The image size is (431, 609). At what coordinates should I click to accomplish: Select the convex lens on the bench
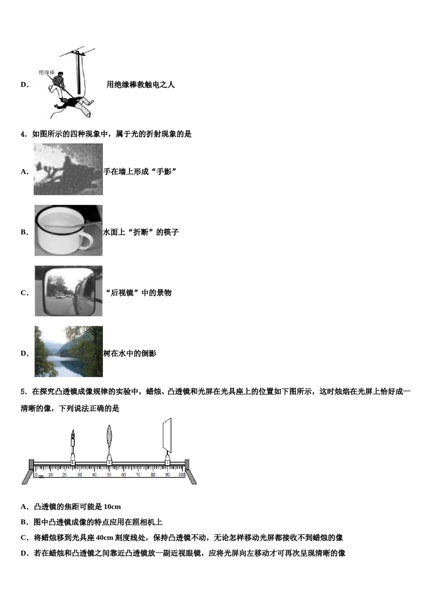(109, 438)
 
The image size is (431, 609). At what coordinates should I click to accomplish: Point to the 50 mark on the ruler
(109, 475)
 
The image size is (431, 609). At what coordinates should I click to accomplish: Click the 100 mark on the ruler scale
(181, 475)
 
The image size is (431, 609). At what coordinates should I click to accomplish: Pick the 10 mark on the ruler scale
(50, 475)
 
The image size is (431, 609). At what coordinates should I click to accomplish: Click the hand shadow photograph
(68, 169)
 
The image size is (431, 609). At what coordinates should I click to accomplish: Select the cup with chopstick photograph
(68, 230)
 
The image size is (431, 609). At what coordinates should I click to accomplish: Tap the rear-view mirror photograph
(68, 291)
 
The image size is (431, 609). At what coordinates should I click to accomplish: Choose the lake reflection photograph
(68, 352)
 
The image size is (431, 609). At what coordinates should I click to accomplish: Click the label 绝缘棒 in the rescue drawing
(46, 72)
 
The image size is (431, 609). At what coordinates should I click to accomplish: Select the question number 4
(24, 134)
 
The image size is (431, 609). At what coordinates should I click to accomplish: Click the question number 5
(24, 391)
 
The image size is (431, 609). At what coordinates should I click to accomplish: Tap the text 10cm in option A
(112, 507)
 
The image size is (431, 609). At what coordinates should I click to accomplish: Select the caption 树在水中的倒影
(130, 353)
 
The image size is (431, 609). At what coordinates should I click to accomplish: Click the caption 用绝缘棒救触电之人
(140, 85)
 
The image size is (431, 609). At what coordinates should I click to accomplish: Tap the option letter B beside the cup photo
(24, 232)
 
